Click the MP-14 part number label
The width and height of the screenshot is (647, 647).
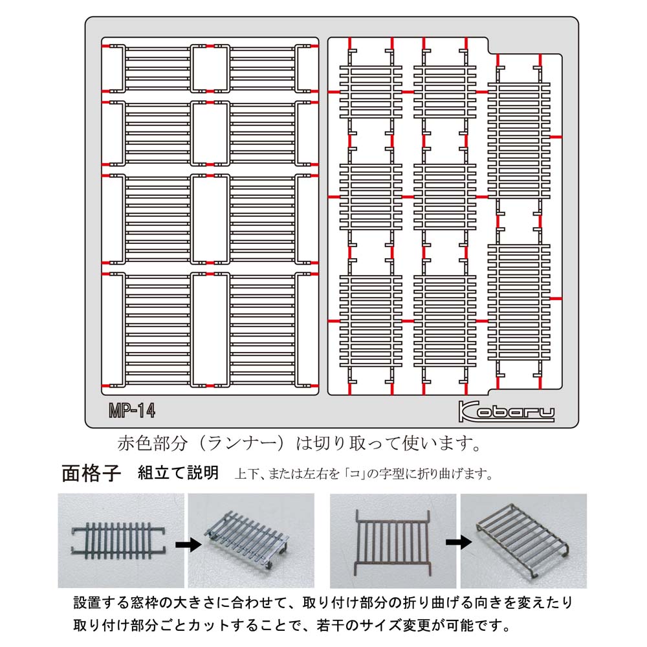pos(132,411)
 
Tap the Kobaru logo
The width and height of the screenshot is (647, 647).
pos(507,411)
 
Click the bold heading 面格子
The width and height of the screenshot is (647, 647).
pos(91,474)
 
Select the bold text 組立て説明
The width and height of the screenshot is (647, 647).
pos(178,473)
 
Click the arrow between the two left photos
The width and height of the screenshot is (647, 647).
pos(188,545)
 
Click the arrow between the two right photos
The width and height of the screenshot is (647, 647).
pos(459,542)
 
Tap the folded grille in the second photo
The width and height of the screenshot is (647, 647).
pos(246,538)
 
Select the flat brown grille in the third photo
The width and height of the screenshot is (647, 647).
pos(393,542)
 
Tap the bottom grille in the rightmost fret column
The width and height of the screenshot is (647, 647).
pos(519,302)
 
